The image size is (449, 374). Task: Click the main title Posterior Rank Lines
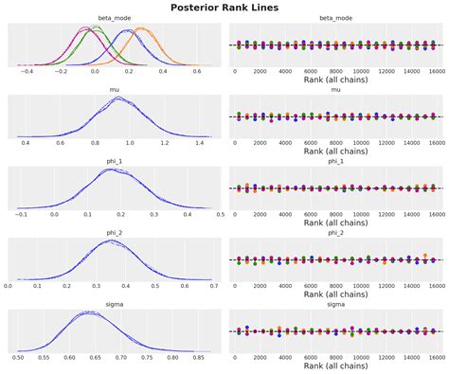(224, 8)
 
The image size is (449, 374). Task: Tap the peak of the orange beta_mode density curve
(142, 29)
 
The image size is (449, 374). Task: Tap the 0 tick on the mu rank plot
(236, 143)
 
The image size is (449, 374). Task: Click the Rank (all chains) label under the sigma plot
(334, 366)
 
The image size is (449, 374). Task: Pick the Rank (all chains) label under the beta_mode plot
(334, 80)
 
